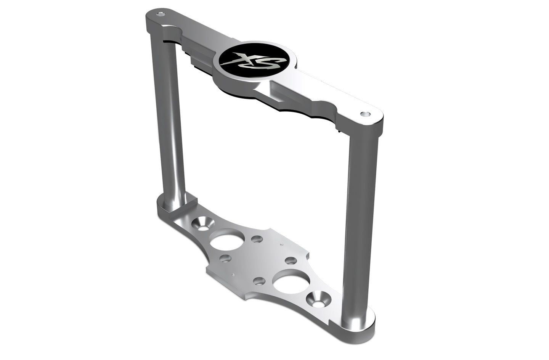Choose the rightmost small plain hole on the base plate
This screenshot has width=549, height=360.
291,261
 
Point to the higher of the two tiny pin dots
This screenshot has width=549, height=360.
281,244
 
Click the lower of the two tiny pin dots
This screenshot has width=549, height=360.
232,274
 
